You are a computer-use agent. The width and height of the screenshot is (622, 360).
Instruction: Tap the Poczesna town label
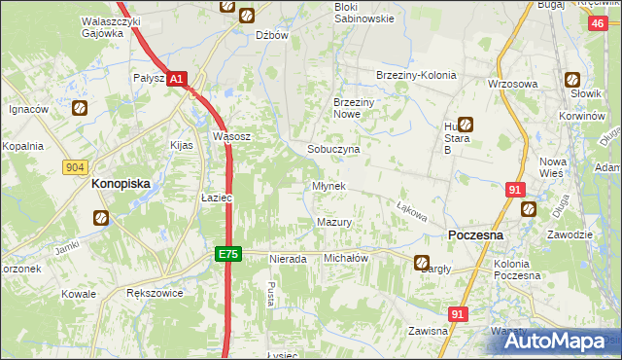pos(474,235)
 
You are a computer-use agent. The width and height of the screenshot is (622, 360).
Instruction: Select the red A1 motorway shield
pos(176,78)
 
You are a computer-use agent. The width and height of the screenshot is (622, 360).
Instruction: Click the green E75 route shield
pos(227,254)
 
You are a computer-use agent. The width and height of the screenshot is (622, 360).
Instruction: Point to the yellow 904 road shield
pos(75,167)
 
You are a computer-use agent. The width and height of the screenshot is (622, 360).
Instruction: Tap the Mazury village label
pos(333,223)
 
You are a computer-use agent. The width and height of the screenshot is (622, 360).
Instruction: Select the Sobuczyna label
pos(333,150)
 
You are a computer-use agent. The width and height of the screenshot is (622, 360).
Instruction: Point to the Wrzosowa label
pos(513,84)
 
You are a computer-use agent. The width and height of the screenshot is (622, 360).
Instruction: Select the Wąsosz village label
pos(232,137)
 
